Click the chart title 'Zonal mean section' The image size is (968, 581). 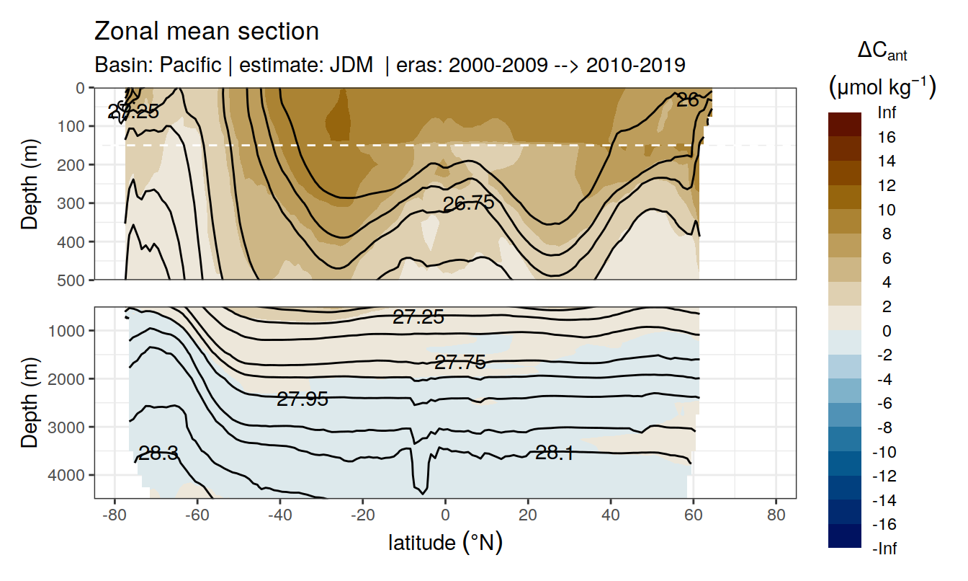[207, 32]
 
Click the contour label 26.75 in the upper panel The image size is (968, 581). [468, 203]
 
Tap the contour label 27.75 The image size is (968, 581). [460, 363]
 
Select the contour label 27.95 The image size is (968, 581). [302, 399]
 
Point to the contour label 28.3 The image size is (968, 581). [158, 453]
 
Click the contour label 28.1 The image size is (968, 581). [555, 453]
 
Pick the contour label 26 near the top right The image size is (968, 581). [688, 100]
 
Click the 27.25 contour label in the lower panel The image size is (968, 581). [418, 316]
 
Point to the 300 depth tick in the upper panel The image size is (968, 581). [74, 203]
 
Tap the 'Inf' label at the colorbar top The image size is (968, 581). [887, 113]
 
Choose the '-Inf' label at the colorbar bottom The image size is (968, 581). [885, 549]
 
